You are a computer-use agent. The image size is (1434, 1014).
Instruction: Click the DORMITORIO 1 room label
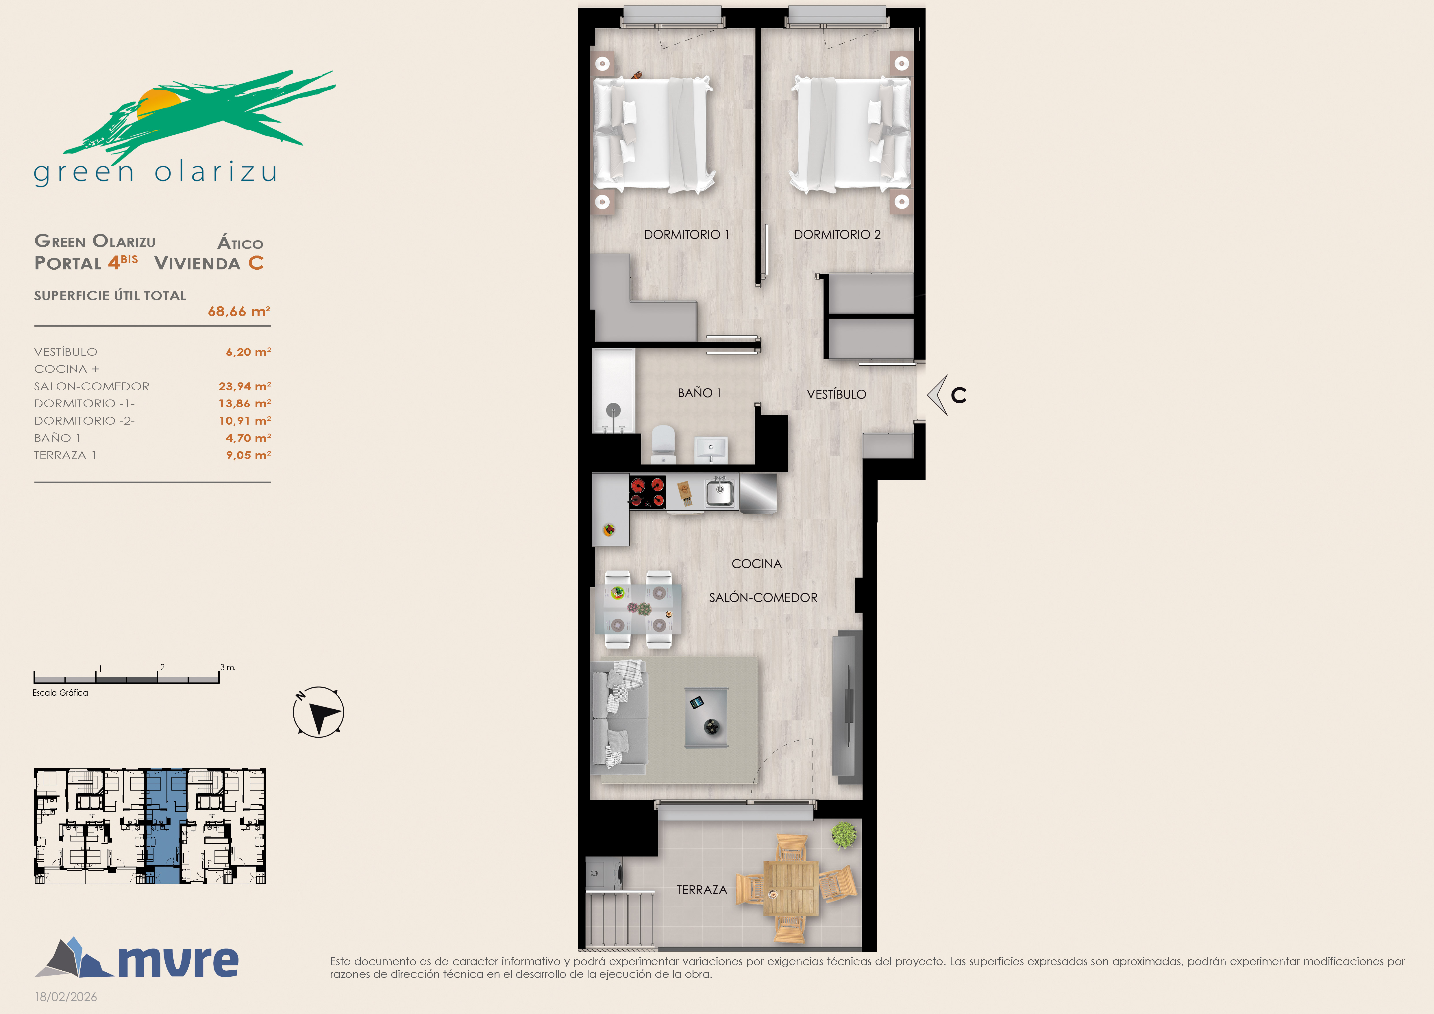(x=687, y=235)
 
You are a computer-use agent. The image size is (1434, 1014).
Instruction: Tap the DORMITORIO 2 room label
(x=837, y=235)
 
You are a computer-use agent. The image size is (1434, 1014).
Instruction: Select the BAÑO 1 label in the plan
(x=700, y=393)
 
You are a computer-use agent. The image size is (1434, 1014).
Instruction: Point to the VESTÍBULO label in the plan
(x=836, y=394)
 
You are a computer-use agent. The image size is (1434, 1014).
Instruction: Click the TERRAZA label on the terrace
(x=701, y=890)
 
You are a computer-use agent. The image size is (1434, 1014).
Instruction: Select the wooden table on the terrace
(x=791, y=889)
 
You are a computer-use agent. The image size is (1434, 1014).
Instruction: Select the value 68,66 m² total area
(x=239, y=311)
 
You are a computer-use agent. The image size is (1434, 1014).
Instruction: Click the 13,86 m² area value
(x=245, y=403)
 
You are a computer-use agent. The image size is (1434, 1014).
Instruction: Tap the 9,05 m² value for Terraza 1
(x=249, y=455)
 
